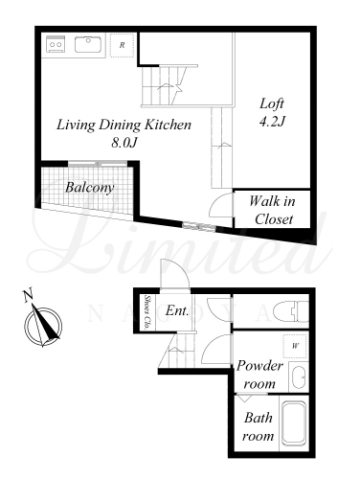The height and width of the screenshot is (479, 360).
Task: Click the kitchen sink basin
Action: (x=88, y=44)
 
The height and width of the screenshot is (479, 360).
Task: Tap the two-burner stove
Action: (x=56, y=44)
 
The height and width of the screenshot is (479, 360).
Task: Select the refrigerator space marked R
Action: (x=122, y=45)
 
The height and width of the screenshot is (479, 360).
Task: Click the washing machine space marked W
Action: (x=295, y=346)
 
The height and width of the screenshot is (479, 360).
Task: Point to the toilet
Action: (x=296, y=311)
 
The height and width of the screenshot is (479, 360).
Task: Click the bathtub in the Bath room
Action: (x=294, y=423)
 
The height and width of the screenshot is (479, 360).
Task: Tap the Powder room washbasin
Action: (x=299, y=376)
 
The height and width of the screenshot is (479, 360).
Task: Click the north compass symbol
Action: (x=42, y=327)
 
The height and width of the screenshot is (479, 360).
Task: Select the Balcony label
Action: (x=90, y=187)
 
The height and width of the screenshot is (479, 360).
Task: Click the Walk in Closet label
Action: (x=273, y=210)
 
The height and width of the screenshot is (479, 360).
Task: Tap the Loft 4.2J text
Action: (x=272, y=112)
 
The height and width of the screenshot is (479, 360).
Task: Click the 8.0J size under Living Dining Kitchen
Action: (x=124, y=143)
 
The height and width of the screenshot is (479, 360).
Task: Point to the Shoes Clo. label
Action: (x=147, y=312)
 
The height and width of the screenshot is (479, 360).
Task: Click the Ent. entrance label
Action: (x=177, y=310)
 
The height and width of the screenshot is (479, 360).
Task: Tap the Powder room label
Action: (x=259, y=374)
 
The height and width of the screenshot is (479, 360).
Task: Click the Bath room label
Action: (x=259, y=426)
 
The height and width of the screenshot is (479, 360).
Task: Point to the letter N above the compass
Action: (x=28, y=295)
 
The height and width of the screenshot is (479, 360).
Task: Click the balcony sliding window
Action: (x=99, y=164)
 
